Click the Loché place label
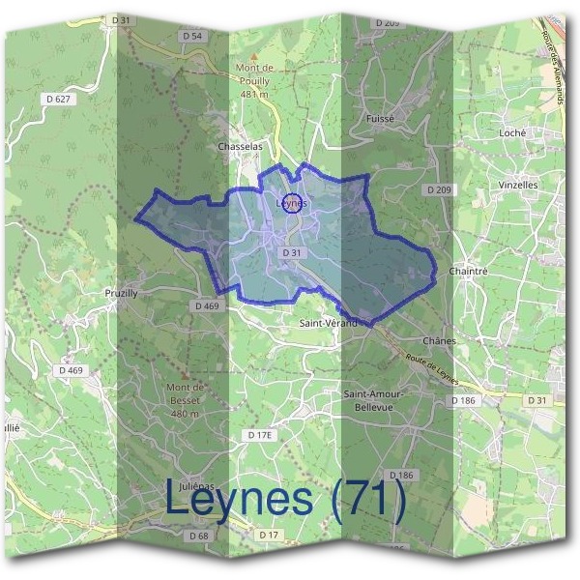[510, 132]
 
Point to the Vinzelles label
[518, 184]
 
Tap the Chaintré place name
[468, 272]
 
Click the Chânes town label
[438, 341]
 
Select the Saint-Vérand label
[330, 323]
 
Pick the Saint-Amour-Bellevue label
[374, 400]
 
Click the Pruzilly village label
[124, 291]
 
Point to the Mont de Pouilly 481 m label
[254, 80]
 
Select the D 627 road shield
[58, 98]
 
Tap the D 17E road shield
[260, 436]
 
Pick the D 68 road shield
[199, 536]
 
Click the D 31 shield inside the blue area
[292, 252]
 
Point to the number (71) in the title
[364, 500]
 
